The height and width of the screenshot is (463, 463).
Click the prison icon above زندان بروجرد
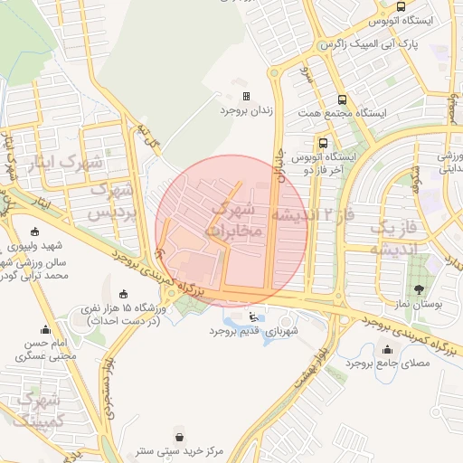click(245, 96)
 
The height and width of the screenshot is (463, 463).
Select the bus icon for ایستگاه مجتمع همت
click(342, 100)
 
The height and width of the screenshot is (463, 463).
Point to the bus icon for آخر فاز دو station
click(323, 142)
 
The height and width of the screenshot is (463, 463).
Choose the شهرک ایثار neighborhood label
click(68, 164)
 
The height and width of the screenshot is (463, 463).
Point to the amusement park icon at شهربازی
click(251, 317)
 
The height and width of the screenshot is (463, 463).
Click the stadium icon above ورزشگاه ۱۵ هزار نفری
click(123, 295)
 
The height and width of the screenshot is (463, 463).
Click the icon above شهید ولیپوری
click(35, 231)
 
